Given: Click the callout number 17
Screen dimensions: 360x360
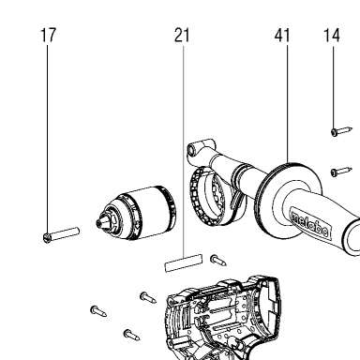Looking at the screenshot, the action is click(49, 35).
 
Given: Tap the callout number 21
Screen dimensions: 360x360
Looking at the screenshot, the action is click(182, 35).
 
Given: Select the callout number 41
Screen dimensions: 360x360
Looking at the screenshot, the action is click(282, 35).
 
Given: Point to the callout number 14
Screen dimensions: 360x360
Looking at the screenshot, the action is click(332, 35).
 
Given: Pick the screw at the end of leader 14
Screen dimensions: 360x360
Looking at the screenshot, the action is click(341, 131).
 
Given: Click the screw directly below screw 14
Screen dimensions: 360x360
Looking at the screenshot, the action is click(341, 172).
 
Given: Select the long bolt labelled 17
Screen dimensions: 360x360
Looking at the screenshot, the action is click(61, 234).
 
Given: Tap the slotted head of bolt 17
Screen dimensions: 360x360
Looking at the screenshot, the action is click(47, 238).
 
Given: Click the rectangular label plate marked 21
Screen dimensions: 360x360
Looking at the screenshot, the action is click(184, 262).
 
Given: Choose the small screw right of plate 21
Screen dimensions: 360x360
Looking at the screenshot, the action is click(218, 261).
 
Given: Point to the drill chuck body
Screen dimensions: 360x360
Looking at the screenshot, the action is click(136, 214).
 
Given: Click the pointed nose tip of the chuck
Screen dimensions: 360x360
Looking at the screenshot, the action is click(98, 223).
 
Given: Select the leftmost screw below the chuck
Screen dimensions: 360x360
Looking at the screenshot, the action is click(98, 311).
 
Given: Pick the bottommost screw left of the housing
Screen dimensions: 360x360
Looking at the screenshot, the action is click(131, 335).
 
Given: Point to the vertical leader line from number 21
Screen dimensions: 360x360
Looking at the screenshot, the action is click(184, 151).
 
